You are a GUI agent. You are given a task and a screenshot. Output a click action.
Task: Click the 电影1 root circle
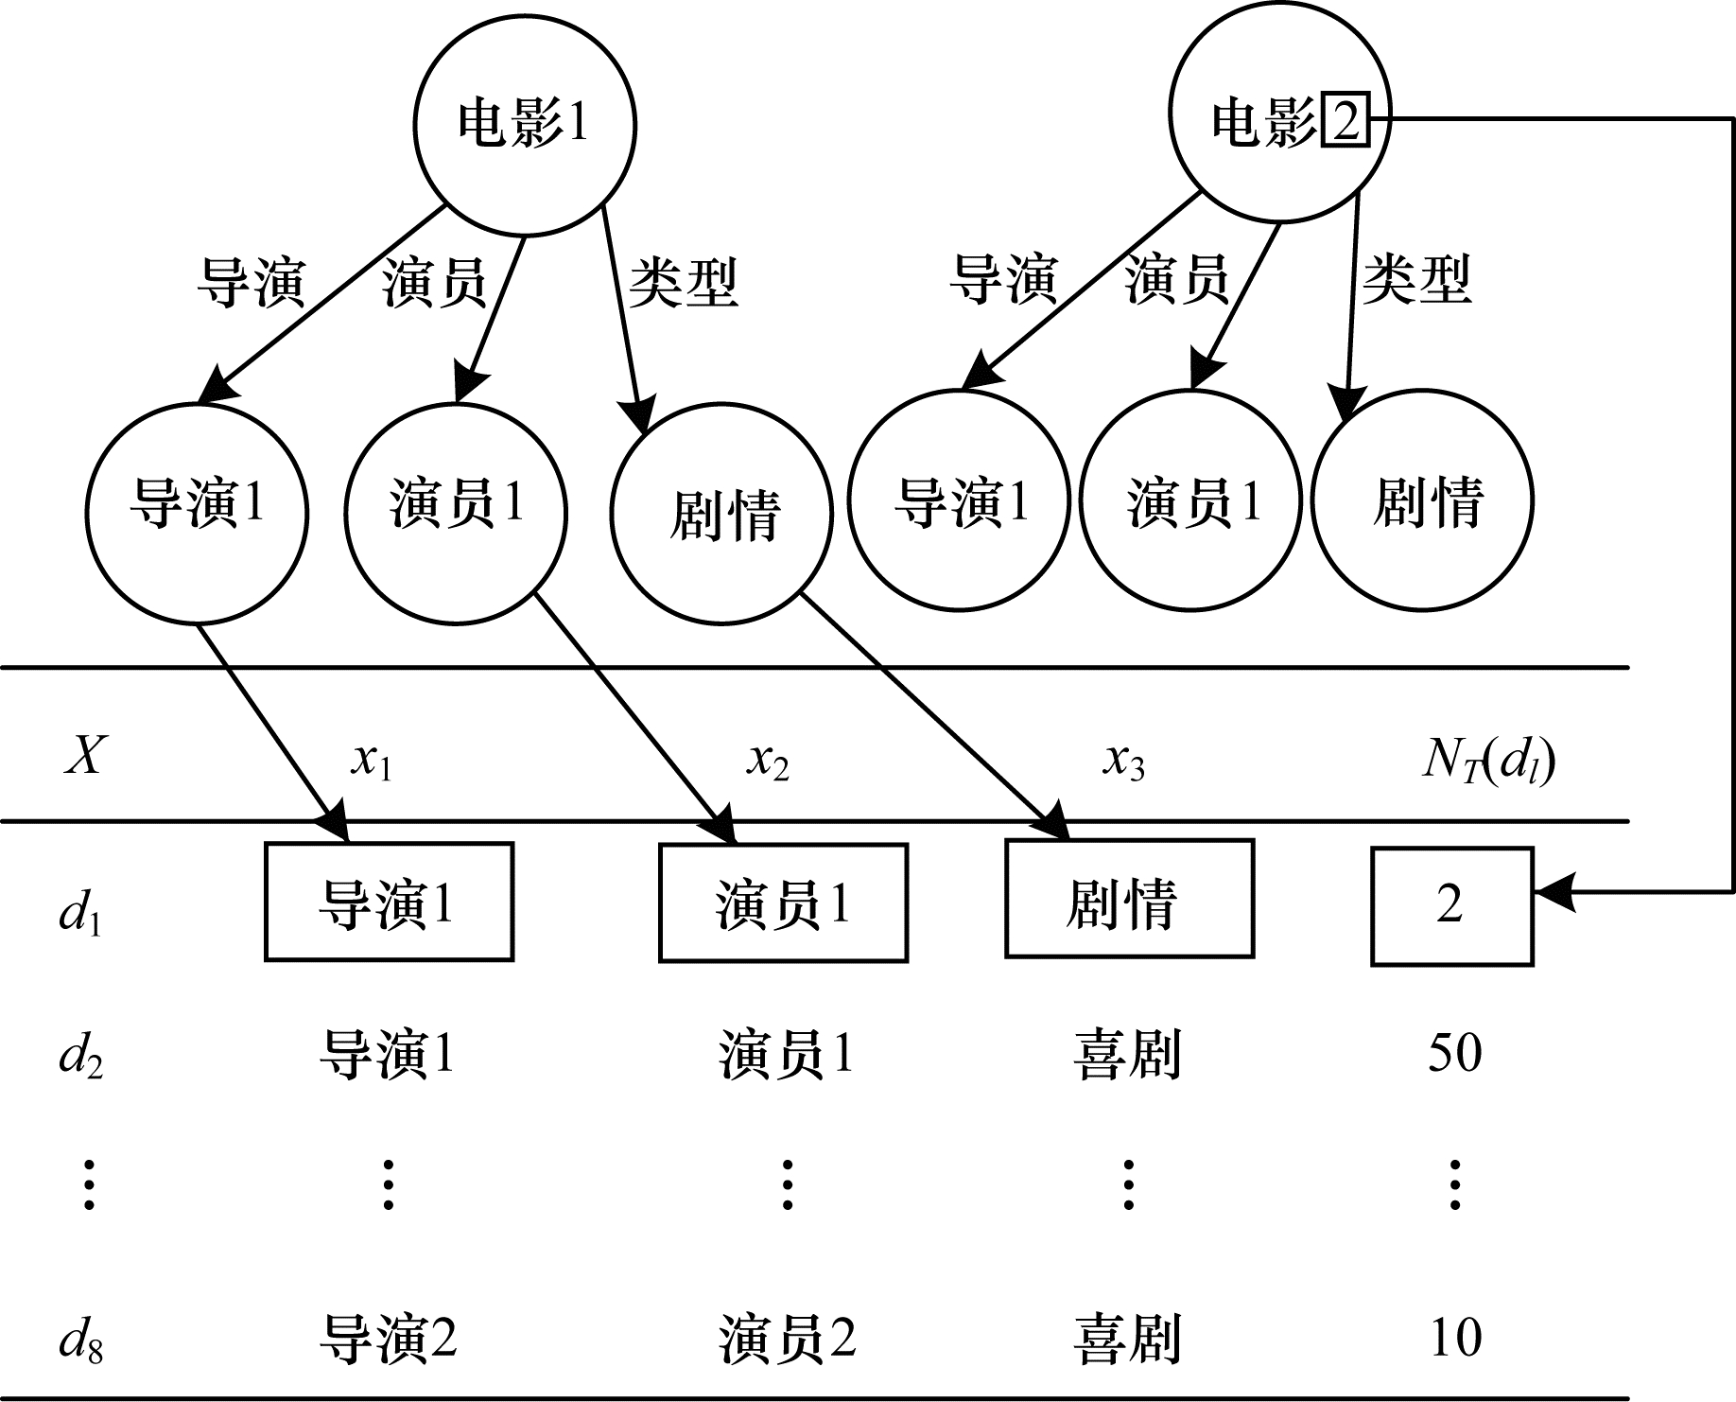coord(525,124)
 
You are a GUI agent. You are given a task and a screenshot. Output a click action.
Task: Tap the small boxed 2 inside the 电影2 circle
coord(1344,122)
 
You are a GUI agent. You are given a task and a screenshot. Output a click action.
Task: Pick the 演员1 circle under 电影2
coord(1190,499)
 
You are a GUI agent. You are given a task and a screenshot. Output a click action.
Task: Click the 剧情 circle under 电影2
coord(1422,499)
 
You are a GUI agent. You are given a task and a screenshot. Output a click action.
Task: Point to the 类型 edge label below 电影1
coord(683,282)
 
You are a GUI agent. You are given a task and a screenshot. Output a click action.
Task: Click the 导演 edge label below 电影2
coord(1003,279)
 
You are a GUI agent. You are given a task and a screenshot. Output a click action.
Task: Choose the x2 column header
coord(768,761)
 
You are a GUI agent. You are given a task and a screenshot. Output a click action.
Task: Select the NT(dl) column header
coord(1488,761)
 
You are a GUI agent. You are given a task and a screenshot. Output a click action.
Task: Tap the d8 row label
coord(80,1339)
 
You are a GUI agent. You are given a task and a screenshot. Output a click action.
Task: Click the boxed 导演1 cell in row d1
coord(389,903)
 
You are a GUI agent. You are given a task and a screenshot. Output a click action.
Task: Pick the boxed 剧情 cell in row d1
coord(1129,900)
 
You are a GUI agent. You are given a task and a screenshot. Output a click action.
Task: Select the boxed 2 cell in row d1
coord(1451,906)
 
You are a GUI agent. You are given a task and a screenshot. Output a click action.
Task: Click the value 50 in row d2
coord(1454,1052)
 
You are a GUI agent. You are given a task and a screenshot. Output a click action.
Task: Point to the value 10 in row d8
coord(1454,1338)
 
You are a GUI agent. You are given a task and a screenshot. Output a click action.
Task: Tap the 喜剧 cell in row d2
coord(1127,1053)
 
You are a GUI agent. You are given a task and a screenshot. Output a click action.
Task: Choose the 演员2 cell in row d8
coord(787,1339)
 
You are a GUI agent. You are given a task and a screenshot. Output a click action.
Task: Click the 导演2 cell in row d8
coord(389,1339)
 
